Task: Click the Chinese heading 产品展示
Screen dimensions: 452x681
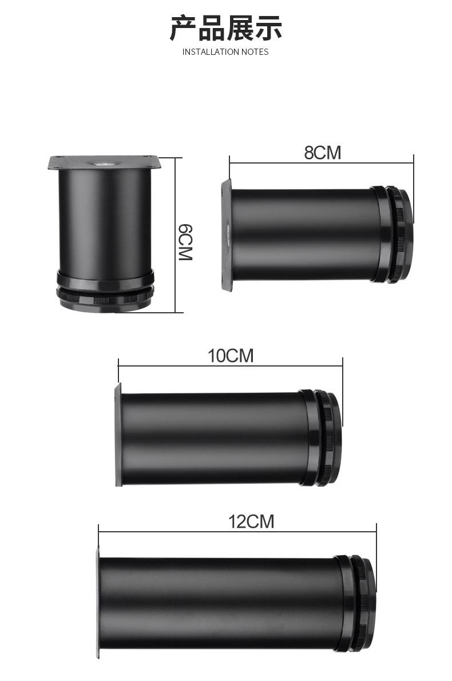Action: tap(225, 28)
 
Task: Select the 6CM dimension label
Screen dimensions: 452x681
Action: tap(185, 242)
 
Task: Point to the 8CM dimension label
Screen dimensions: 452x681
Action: tap(323, 153)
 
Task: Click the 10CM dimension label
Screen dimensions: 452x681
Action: tap(231, 356)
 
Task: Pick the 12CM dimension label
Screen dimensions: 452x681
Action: tap(251, 521)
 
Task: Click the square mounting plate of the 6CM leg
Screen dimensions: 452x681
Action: tap(104, 162)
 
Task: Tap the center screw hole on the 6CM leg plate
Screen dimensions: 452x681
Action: tap(105, 164)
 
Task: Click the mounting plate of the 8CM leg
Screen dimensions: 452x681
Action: tap(226, 235)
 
